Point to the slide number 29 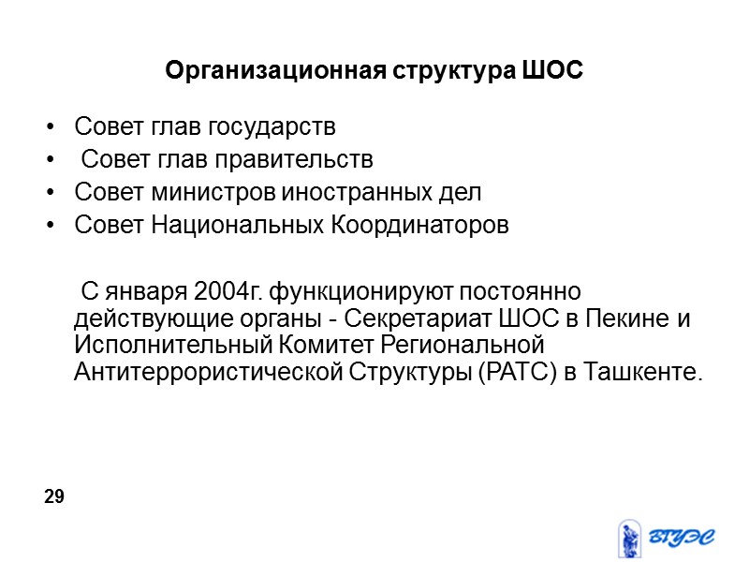click(54, 496)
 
